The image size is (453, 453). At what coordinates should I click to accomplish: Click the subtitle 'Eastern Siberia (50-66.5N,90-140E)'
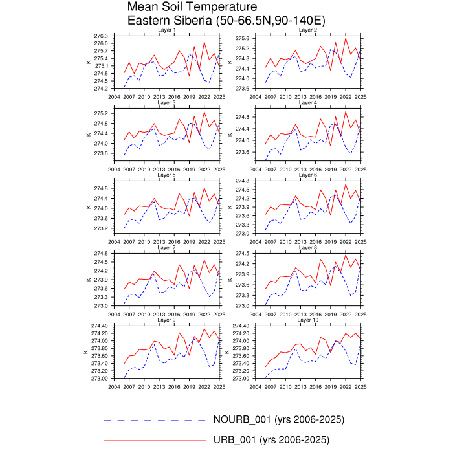[226, 21]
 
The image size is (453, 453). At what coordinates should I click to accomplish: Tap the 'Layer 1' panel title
[166, 30]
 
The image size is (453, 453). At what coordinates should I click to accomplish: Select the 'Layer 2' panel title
[307, 30]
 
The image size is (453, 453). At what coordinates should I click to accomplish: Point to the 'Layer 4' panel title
[307, 103]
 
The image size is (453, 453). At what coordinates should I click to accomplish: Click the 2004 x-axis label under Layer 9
[114, 386]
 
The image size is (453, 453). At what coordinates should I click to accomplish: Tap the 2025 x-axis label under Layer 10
[360, 386]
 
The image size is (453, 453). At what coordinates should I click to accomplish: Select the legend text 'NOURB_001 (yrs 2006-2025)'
[278, 420]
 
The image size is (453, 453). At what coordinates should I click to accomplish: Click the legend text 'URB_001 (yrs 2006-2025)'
[271, 440]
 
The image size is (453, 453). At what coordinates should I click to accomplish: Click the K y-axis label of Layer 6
[228, 207]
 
